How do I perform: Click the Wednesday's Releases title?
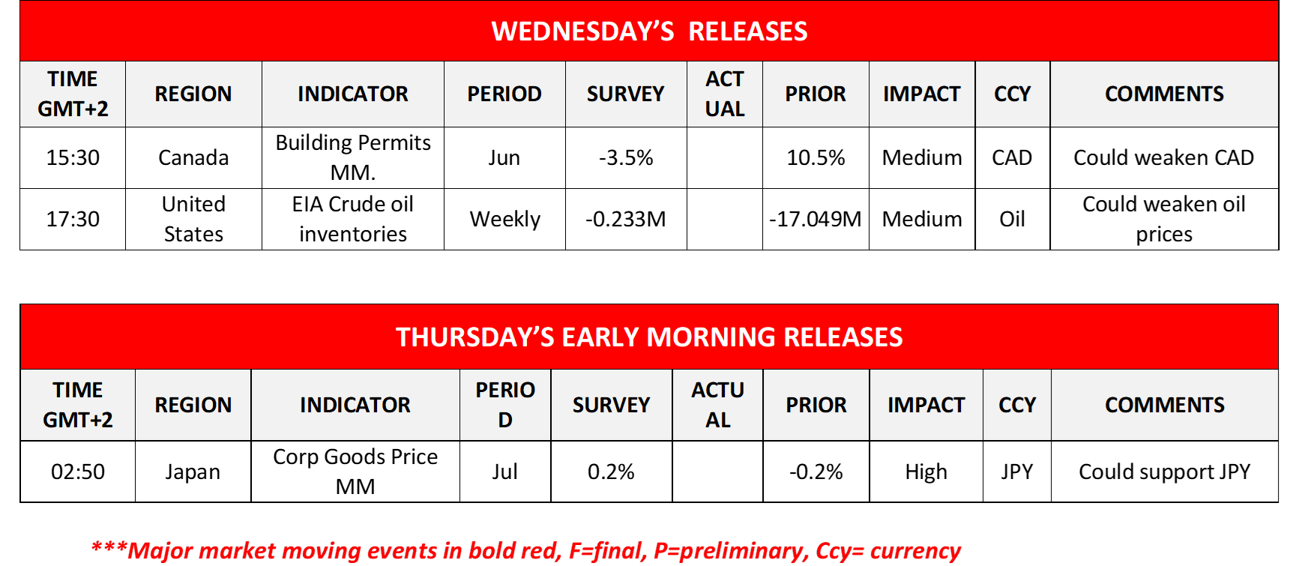(x=649, y=31)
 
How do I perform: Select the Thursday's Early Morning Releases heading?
(x=649, y=337)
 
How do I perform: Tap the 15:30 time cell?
(x=73, y=157)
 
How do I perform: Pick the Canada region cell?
(x=193, y=157)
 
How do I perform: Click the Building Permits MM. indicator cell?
(x=353, y=157)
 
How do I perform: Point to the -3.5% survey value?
(x=626, y=157)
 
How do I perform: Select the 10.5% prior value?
(x=816, y=157)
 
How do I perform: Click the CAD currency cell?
(x=1012, y=157)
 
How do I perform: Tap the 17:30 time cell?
(x=73, y=219)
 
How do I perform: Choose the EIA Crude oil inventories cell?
(x=353, y=219)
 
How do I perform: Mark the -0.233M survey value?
(x=626, y=219)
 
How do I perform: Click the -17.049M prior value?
(x=816, y=219)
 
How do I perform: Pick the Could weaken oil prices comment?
(x=1164, y=219)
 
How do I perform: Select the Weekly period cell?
(x=504, y=219)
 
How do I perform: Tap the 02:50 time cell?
(x=78, y=472)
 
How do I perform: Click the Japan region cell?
(x=193, y=472)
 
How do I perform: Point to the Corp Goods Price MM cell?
(x=355, y=472)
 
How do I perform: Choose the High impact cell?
(x=926, y=472)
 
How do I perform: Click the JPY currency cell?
(x=1017, y=472)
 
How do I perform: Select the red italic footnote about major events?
(x=525, y=550)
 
